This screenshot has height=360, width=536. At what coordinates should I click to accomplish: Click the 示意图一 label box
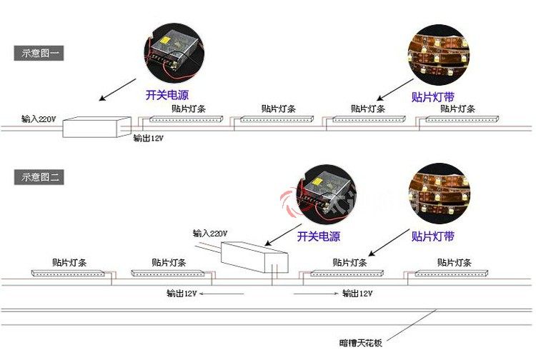[x=39, y=54]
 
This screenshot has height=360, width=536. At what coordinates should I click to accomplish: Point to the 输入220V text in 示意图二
[x=210, y=234]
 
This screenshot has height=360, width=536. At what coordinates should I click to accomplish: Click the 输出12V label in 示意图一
[x=149, y=138]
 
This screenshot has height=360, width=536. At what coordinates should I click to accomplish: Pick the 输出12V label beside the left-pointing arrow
[x=181, y=294]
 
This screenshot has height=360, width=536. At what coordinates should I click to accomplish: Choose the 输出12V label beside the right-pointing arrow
[x=357, y=294]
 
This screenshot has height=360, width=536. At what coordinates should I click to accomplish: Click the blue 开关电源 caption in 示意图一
[x=167, y=94]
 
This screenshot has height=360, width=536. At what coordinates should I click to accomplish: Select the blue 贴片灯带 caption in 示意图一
[x=433, y=96]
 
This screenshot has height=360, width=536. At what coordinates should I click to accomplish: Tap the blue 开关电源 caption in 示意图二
[x=319, y=236]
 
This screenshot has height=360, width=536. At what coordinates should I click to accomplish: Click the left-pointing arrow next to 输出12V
[x=222, y=294]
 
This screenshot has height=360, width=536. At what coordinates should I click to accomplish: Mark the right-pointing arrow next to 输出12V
[x=315, y=294]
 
